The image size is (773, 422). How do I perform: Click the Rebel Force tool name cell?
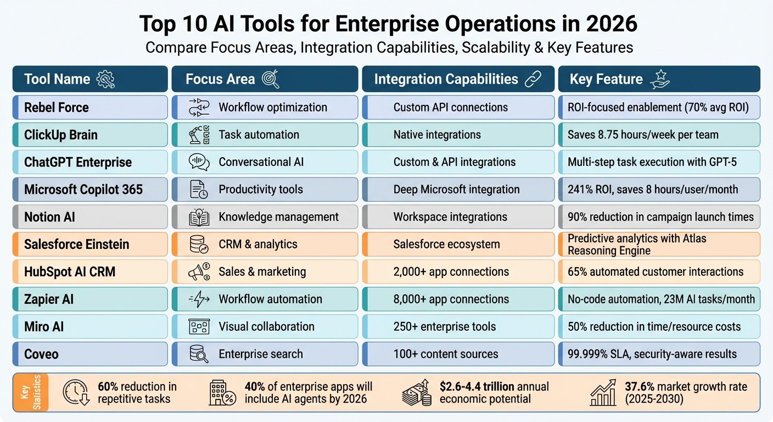[90, 107]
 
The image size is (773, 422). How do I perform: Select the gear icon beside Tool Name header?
[105, 79]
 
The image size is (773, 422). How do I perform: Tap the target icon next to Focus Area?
[271, 79]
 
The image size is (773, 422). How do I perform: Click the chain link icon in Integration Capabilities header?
[533, 79]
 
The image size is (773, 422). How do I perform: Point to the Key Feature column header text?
[606, 79]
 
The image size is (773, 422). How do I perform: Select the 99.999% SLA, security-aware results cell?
[659, 354]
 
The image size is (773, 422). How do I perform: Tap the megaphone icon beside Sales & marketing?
[199, 271]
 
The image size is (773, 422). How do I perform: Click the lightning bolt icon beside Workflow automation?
[199, 299]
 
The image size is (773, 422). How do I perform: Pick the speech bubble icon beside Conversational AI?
[199, 162]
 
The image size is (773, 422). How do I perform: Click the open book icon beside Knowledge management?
[199, 217]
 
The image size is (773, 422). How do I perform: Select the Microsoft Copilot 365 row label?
[90, 190]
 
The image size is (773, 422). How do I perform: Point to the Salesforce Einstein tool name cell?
[90, 245]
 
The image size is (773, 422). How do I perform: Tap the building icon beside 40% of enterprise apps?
[222, 392]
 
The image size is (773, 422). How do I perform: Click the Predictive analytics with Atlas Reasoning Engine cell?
[659, 245]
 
